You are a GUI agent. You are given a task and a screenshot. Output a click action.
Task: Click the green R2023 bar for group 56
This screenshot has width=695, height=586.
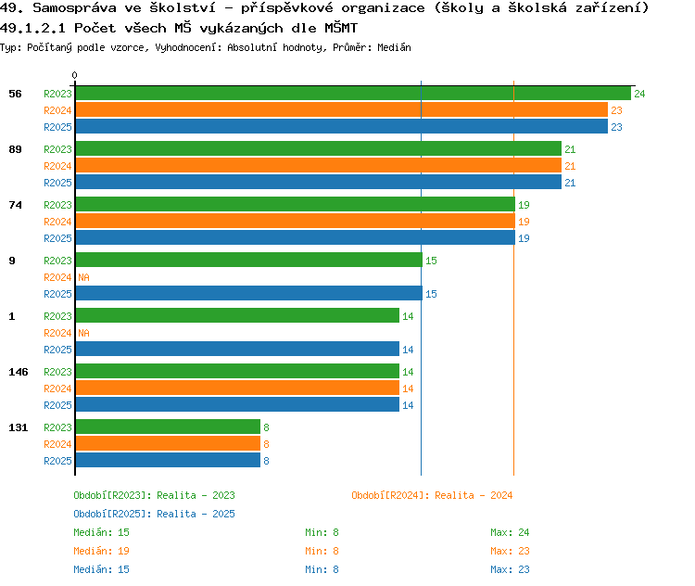(352, 94)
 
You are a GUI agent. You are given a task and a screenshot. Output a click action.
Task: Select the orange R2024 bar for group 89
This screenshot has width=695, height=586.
(318, 166)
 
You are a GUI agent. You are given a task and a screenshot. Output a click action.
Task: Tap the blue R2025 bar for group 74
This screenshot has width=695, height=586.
(295, 238)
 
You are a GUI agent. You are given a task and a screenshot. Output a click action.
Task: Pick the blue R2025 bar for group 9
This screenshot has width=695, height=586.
(248, 294)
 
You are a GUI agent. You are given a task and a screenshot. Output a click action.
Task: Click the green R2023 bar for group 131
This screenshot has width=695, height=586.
(168, 427)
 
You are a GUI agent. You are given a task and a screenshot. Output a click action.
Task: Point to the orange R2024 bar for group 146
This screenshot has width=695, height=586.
(237, 389)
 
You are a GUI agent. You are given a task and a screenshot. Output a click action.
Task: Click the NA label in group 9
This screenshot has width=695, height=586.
(83, 277)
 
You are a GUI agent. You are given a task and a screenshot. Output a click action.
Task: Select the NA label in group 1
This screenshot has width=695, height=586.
(83, 333)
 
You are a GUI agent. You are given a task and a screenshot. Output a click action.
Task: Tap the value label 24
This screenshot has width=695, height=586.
(639, 94)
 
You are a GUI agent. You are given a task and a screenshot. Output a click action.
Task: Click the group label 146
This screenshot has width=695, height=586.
(18, 372)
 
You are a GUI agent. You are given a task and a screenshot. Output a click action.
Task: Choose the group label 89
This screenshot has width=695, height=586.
(15, 149)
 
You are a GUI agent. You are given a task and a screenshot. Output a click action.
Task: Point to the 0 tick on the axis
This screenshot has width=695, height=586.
(75, 76)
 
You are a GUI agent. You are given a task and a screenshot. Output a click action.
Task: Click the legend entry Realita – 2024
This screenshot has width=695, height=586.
(432, 495)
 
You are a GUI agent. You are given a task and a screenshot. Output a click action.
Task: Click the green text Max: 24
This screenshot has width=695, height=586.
(510, 532)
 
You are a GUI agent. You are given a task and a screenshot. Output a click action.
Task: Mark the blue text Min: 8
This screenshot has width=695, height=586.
(322, 569)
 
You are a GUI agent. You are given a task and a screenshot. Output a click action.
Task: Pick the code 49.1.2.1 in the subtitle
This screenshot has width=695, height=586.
(33, 28)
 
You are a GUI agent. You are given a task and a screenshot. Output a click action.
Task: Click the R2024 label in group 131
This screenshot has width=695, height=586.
(57, 444)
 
